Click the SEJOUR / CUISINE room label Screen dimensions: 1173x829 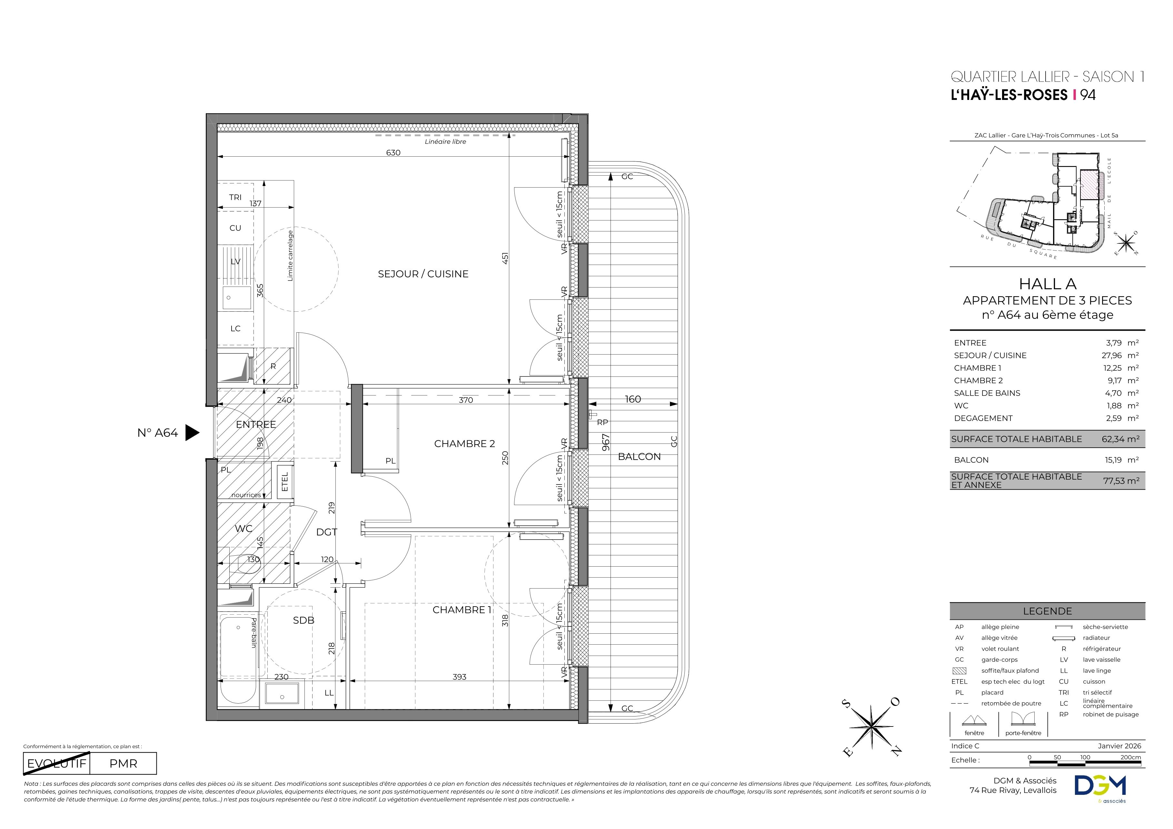coord(423,274)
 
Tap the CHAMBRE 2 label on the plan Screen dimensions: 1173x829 coord(464,444)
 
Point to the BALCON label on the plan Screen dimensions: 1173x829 coord(639,456)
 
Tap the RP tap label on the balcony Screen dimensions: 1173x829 coord(602,422)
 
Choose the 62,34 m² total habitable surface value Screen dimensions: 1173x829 coord(1120,439)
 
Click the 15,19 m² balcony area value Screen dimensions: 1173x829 coord(1121,460)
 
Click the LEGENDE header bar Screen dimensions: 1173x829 coord(1047,611)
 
